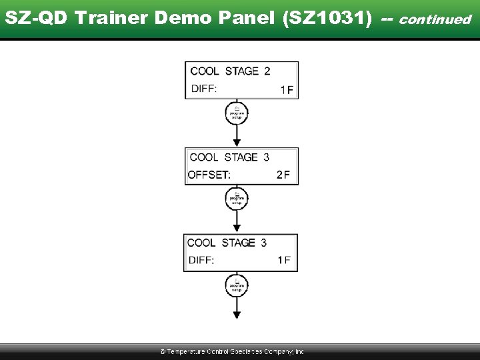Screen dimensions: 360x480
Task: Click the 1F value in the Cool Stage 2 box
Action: point(287,90)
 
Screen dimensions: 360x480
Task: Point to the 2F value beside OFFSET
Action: point(283,175)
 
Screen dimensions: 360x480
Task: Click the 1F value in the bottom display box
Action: point(284,261)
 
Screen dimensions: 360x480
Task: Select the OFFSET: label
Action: point(209,175)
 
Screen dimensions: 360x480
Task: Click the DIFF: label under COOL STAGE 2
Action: point(204,89)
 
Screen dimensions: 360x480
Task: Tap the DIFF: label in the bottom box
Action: point(201,261)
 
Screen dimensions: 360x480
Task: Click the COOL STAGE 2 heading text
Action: point(230,71)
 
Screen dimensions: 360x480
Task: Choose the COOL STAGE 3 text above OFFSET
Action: point(229,157)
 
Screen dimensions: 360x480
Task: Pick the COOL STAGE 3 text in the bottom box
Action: point(227,243)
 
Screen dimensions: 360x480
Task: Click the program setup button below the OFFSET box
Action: point(237,199)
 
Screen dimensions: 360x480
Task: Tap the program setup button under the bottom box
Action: point(237,285)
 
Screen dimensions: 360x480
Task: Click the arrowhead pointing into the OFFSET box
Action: point(237,143)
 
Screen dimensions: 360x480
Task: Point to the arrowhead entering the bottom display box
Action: point(237,229)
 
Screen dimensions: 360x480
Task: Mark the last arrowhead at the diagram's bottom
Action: point(237,315)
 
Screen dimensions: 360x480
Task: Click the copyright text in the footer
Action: point(231,351)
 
